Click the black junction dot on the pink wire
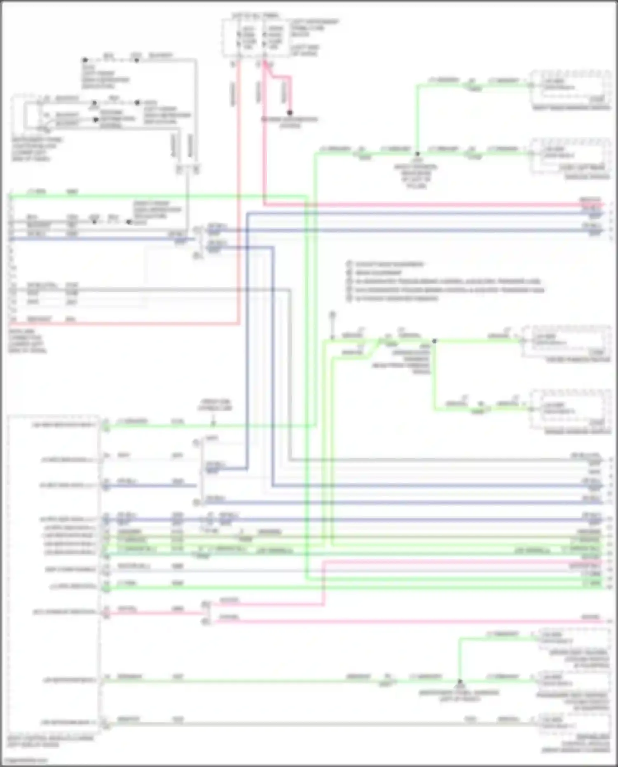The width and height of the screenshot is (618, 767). coord(290,113)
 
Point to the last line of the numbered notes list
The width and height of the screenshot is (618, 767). coord(396,298)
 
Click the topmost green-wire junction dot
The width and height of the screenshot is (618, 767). coord(417,154)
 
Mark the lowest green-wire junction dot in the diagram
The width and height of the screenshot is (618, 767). coord(460,681)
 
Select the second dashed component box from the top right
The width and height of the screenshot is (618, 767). coord(571,157)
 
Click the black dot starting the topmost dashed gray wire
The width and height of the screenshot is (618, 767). coord(85,60)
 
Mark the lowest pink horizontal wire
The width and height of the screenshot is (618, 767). coord(408,621)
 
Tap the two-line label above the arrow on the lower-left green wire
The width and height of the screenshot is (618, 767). coord(215,405)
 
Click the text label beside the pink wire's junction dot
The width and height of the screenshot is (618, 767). coord(290,122)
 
